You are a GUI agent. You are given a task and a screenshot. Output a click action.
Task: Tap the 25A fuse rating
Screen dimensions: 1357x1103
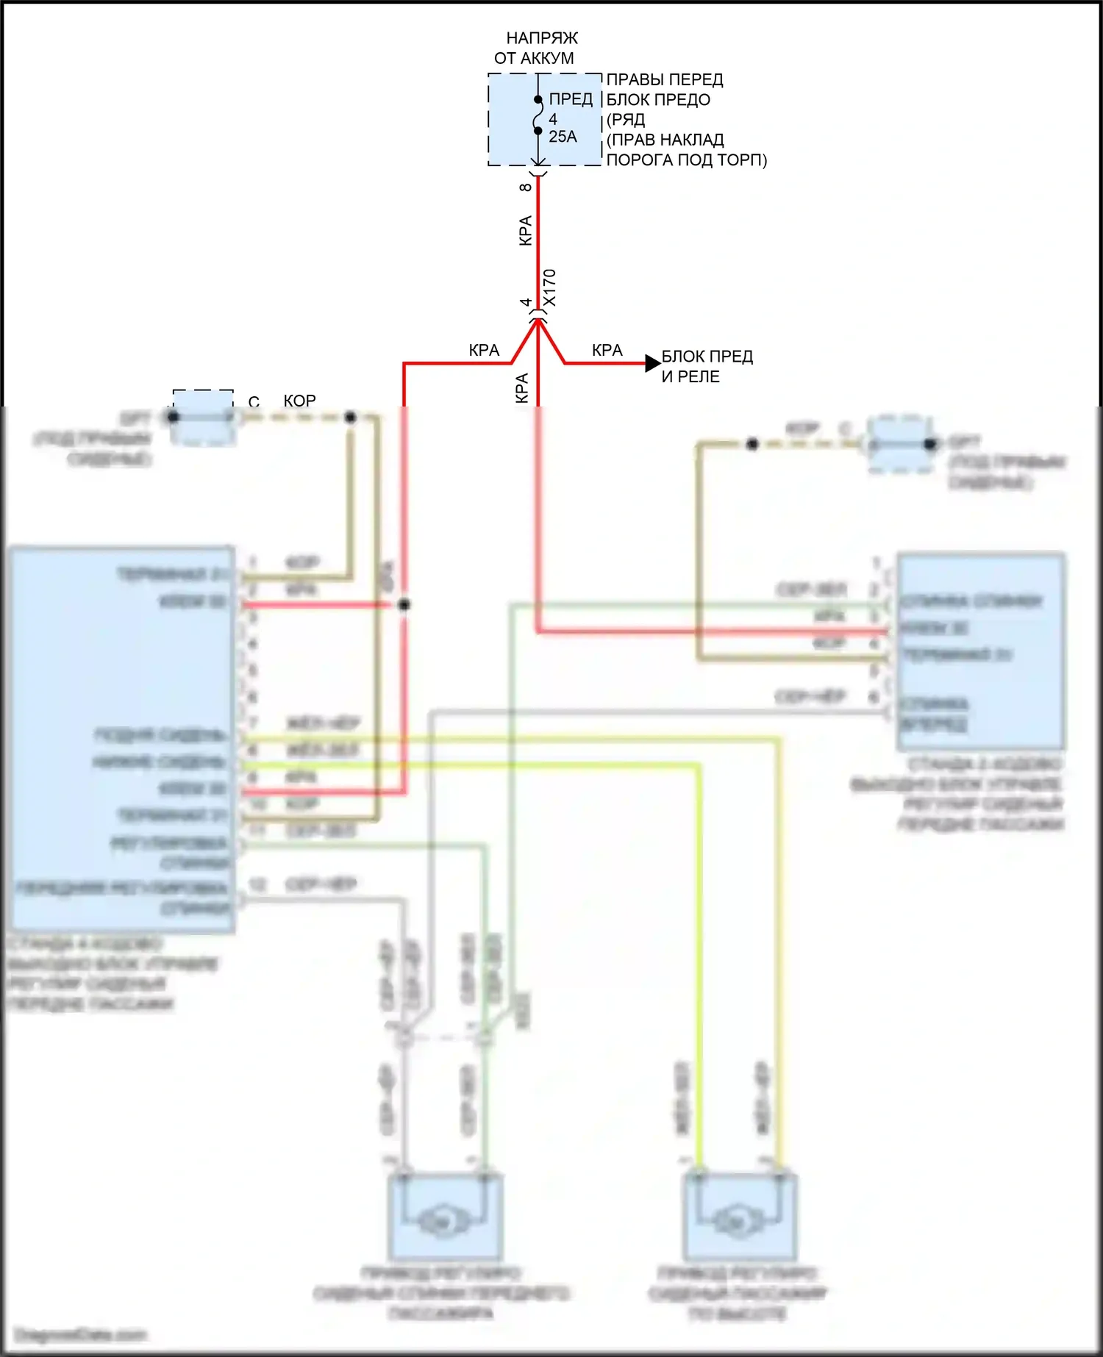pyautogui.click(x=563, y=137)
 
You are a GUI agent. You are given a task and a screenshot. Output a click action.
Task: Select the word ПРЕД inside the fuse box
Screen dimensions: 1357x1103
pyautogui.click(x=571, y=99)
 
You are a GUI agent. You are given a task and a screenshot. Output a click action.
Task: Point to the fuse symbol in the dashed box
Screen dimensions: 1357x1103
pyautogui.click(x=538, y=115)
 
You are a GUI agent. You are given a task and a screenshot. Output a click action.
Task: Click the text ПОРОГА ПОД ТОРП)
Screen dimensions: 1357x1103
pyautogui.click(x=686, y=160)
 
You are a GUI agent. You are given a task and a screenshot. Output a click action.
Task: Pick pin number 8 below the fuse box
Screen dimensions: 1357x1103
pyautogui.click(x=525, y=187)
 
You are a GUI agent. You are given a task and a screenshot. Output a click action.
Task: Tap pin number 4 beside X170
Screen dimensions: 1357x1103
pyautogui.click(x=526, y=302)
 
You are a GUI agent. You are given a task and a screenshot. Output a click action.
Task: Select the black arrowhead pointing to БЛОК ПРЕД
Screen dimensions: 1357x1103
pyautogui.click(x=652, y=363)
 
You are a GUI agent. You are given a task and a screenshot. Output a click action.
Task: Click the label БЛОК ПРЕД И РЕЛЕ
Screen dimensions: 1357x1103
pyautogui.click(x=706, y=366)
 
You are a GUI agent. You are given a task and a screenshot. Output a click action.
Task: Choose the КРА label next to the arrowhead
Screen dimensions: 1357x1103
pyautogui.click(x=607, y=351)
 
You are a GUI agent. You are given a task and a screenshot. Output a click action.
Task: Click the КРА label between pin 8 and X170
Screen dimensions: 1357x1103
pyautogui.click(x=525, y=230)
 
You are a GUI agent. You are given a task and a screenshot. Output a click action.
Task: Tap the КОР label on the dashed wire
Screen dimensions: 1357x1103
pyautogui.click(x=299, y=401)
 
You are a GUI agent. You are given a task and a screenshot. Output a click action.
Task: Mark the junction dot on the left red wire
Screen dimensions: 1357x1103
pyautogui.click(x=404, y=604)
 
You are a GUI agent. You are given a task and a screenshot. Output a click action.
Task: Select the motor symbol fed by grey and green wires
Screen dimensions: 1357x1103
pyautogui.click(x=443, y=1222)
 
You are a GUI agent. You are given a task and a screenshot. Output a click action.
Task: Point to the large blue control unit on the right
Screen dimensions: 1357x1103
pyautogui.click(x=981, y=651)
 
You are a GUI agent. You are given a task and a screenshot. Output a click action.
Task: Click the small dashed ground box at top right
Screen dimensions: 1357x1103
pyautogui.click(x=900, y=445)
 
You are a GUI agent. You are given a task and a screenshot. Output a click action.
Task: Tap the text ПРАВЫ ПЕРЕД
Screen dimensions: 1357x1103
pyautogui.click(x=664, y=79)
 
